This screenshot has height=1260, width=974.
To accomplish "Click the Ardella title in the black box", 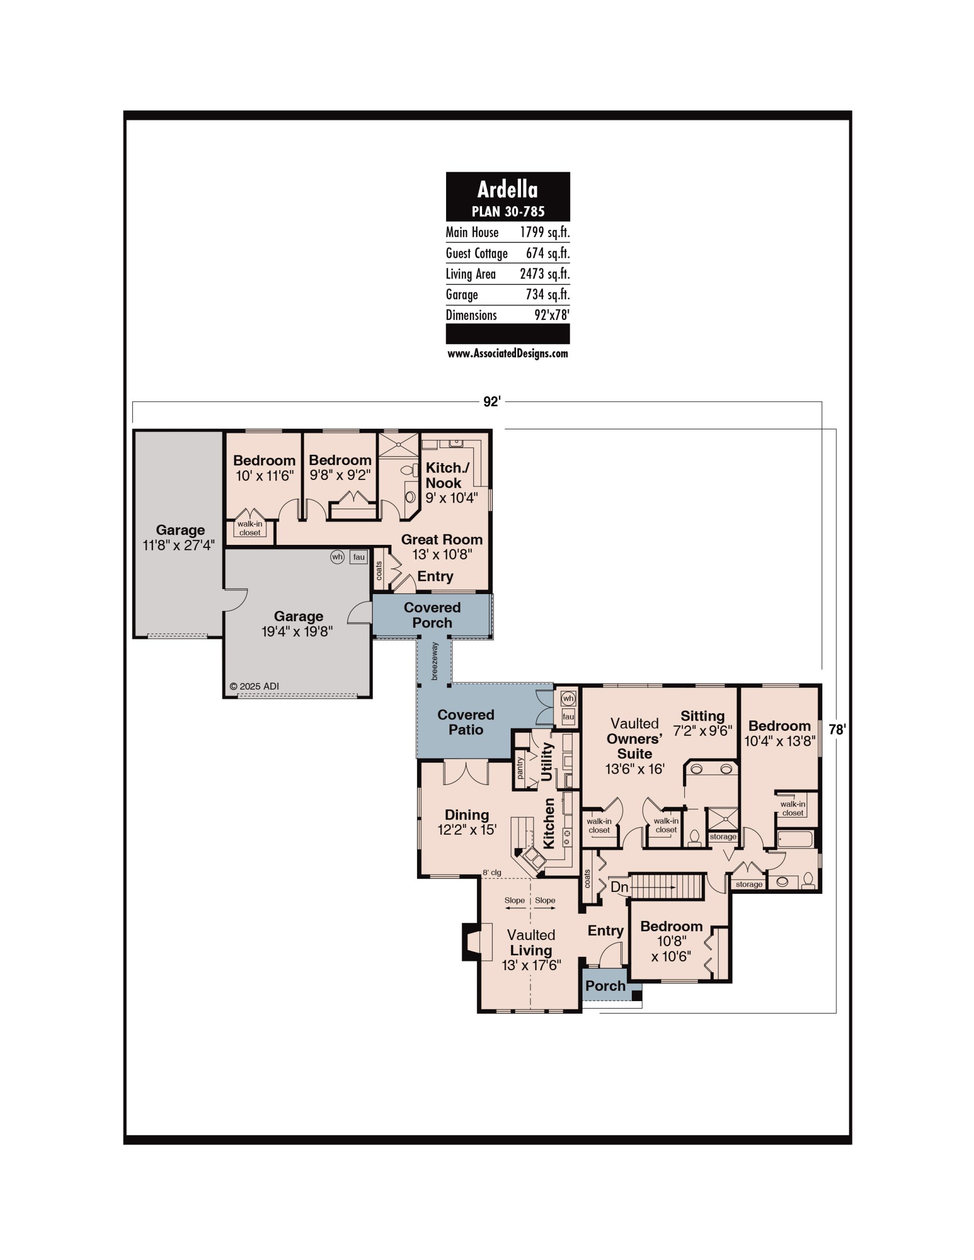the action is (x=508, y=189).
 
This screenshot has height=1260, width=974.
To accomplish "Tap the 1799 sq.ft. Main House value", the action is (x=545, y=232).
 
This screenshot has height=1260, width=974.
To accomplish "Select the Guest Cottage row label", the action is (x=476, y=253).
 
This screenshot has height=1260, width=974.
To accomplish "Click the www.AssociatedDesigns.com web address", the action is (x=508, y=354).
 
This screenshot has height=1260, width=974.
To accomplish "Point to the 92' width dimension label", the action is (x=492, y=402).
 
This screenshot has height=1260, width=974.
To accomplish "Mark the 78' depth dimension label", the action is (x=837, y=730).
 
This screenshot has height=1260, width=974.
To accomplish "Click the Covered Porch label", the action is (x=432, y=615).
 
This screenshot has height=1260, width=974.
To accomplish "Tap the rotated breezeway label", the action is (x=435, y=661).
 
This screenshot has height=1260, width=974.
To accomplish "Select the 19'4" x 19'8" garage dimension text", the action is (x=297, y=632).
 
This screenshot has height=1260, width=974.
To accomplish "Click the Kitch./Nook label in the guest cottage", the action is (x=448, y=475).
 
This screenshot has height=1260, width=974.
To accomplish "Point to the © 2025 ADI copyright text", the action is (x=254, y=687).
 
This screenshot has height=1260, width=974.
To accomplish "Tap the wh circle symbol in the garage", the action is (x=337, y=557).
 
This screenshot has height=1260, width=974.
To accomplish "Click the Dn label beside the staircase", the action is (x=619, y=887).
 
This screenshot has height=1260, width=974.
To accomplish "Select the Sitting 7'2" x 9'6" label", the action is (x=703, y=723).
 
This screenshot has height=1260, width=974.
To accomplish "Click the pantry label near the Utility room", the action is (x=520, y=768).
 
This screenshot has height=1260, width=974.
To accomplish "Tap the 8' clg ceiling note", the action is (x=492, y=873).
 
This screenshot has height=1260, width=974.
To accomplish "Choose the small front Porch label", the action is (x=605, y=986).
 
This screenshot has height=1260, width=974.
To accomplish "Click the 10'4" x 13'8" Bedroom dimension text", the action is (x=779, y=741).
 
